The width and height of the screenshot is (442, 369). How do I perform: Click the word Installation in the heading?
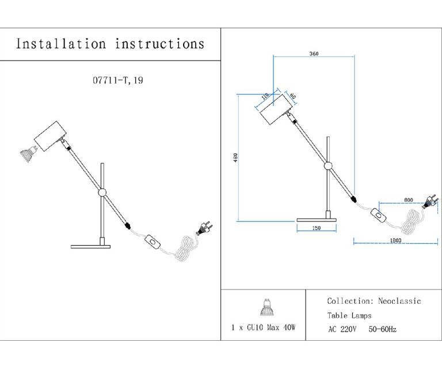[x=61, y=44]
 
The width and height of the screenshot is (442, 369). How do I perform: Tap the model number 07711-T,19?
[x=118, y=81]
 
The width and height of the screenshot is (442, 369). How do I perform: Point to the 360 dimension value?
[x=314, y=54]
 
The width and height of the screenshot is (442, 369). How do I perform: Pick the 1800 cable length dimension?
[x=395, y=239]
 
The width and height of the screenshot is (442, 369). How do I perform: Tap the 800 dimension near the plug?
[x=409, y=199]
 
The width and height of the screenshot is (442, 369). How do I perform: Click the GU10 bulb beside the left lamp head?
[x=26, y=154]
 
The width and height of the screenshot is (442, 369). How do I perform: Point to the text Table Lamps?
[x=349, y=315]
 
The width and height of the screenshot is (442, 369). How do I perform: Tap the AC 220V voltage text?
[x=342, y=329]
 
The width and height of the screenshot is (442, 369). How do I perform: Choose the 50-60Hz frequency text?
[x=382, y=329]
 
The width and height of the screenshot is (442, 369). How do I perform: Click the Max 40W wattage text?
[x=282, y=327]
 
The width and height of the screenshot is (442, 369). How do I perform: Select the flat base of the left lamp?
[x=90, y=247]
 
